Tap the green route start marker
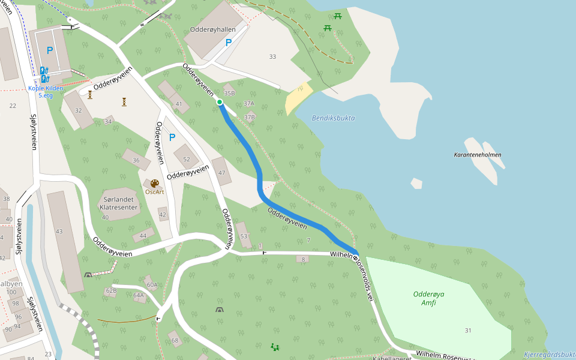click(x=220, y=102)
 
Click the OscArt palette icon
click(x=155, y=184)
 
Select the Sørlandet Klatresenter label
click(x=121, y=203)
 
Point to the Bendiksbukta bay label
click(x=333, y=118)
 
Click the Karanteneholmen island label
click(x=477, y=155)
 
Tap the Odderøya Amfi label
click(x=428, y=298)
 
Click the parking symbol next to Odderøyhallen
click(x=228, y=43)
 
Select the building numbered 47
click(x=221, y=172)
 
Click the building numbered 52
click(x=187, y=158)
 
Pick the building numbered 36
click(x=136, y=160)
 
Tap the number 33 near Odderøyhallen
click(x=272, y=56)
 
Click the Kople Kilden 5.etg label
click(x=46, y=91)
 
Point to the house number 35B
click(x=229, y=93)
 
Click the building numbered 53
click(x=244, y=236)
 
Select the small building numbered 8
click(x=303, y=259)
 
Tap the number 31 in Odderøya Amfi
click(x=468, y=331)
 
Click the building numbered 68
click(x=175, y=340)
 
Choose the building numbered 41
click(x=178, y=104)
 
